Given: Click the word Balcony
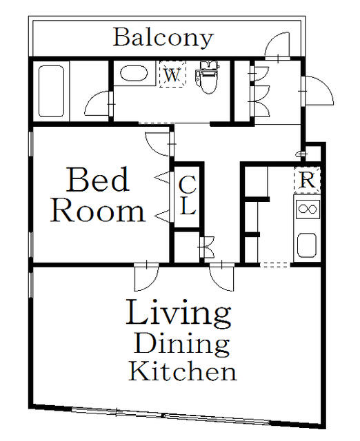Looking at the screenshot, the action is (163, 38).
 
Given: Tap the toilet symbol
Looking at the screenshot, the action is (208, 77).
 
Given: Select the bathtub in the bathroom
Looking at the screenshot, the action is (51, 91).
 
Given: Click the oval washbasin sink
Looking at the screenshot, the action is (134, 74).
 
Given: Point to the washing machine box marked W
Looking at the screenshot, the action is (172, 74).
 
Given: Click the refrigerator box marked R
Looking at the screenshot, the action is (307, 180).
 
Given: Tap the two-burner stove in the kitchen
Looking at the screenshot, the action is (307, 209).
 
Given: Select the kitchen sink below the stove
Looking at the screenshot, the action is (307, 245).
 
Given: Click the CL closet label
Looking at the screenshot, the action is (187, 194).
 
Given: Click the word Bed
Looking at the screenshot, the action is (98, 180).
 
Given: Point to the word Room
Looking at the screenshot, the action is (98, 210).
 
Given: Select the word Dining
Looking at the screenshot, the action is (181, 344).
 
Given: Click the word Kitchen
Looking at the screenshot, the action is (182, 371).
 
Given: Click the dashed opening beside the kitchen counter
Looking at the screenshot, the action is (274, 265).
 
